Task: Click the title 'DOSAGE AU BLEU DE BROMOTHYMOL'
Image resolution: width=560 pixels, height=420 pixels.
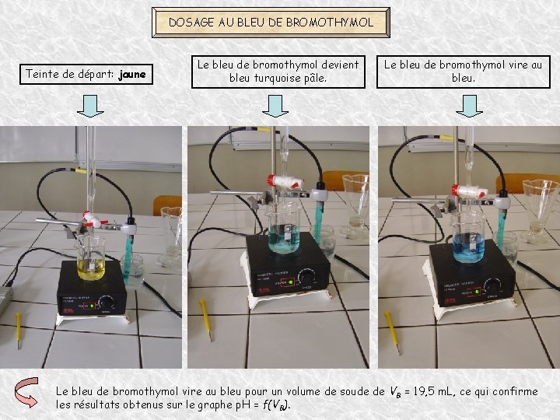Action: pyautogui.click(x=271, y=23)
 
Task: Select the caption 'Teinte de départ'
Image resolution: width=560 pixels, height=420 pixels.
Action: pyautogui.click(x=68, y=75)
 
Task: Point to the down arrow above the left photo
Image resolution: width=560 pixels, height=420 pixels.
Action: pyautogui.click(x=91, y=106)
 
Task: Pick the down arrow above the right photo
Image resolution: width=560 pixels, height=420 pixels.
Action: pyautogui.click(x=469, y=106)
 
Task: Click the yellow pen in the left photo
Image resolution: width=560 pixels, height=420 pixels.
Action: pyautogui.click(x=19, y=327)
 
